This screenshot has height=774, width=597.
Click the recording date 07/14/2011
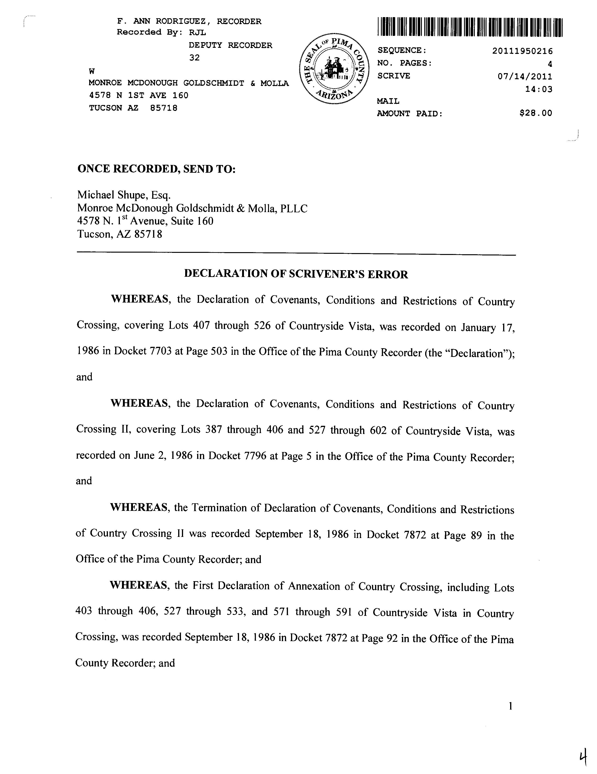(525, 76)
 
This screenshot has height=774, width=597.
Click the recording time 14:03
(538, 89)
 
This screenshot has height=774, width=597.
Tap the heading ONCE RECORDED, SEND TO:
(156, 169)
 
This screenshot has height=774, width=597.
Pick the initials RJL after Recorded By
(197, 32)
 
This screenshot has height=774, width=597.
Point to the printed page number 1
(510, 706)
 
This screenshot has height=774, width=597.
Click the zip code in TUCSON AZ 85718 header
(164, 108)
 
